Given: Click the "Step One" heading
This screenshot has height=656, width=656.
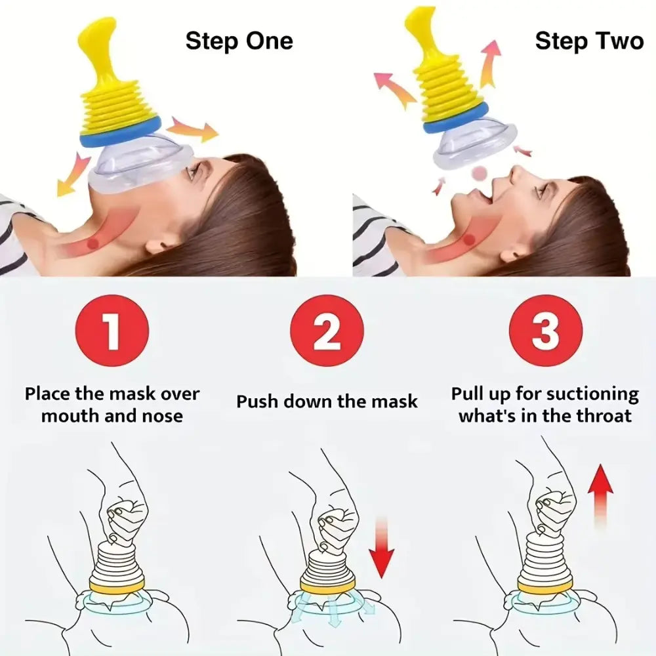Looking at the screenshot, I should click(x=239, y=41).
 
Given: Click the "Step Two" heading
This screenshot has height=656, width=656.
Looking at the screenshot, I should click(x=588, y=41).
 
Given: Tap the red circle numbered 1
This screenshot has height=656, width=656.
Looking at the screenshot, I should click(x=112, y=331).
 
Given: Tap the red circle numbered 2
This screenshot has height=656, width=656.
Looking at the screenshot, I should click(x=327, y=331).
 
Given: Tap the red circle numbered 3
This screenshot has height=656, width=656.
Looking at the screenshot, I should click(x=544, y=331).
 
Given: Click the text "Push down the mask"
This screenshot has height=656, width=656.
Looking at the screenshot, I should click(x=327, y=401).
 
